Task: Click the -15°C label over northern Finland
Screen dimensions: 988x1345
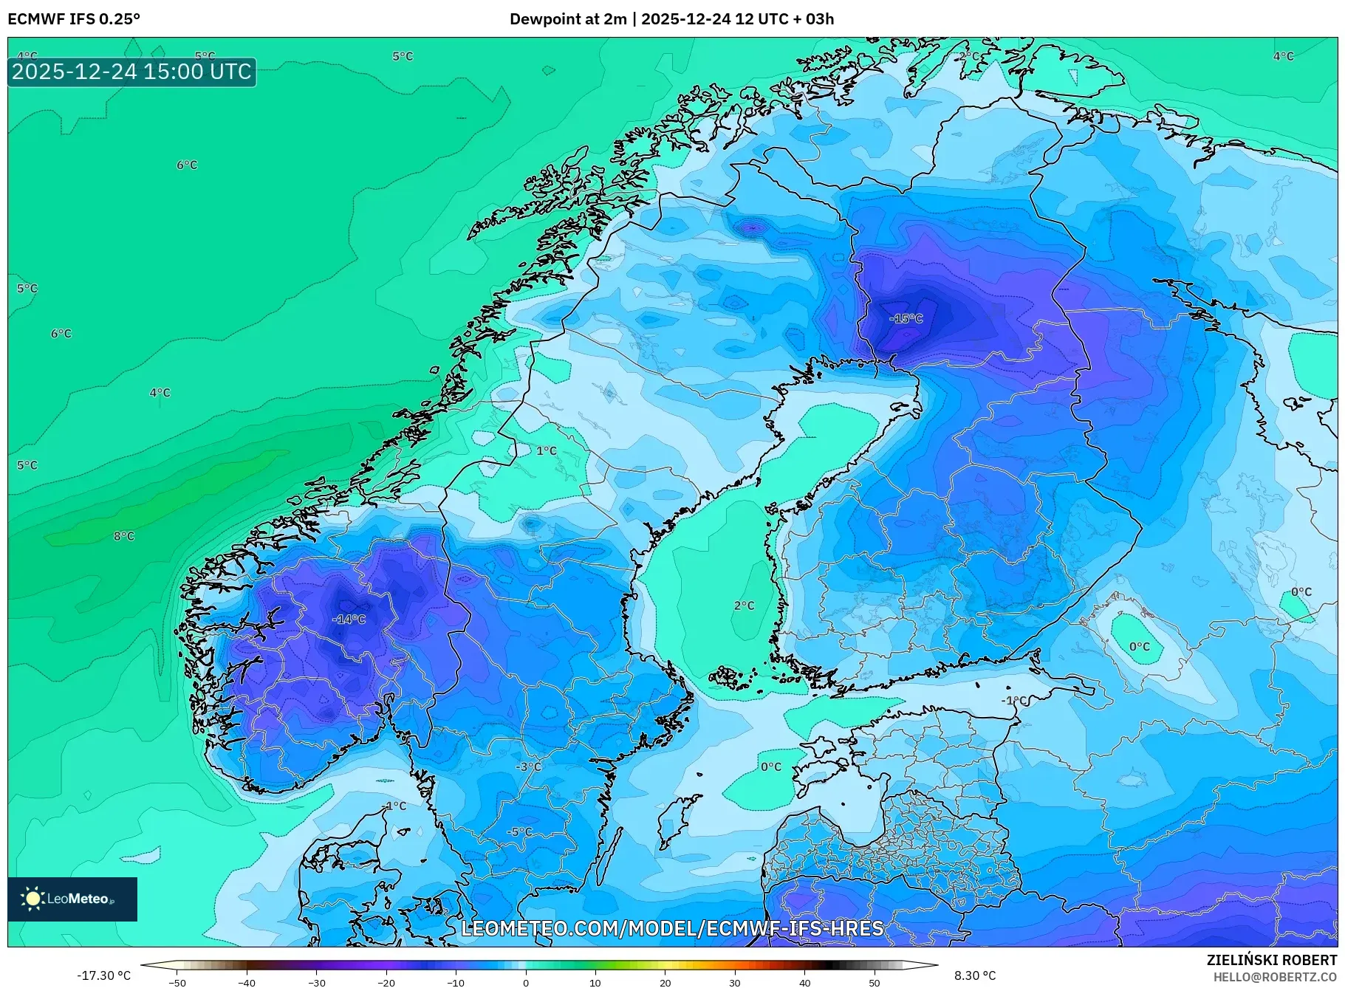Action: point(906,319)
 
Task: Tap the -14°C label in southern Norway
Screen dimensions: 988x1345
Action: point(349,620)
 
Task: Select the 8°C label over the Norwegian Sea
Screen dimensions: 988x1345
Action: point(124,536)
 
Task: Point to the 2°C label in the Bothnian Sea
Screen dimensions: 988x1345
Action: point(744,606)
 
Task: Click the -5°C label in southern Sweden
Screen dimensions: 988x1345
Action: point(519,831)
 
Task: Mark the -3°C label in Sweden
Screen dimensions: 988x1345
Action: point(528,766)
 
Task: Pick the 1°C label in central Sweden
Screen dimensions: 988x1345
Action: point(546,450)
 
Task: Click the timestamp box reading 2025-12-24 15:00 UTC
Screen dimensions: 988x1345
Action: point(132,72)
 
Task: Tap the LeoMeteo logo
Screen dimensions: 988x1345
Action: point(72,899)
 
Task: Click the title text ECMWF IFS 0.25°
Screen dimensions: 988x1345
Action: point(74,19)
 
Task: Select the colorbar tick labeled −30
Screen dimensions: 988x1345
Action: point(317,982)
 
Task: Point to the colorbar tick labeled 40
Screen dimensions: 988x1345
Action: point(804,982)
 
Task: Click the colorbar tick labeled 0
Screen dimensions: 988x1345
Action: point(526,982)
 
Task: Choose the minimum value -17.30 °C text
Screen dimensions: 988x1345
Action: point(103,975)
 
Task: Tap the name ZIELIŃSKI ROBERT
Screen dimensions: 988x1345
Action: point(1271,960)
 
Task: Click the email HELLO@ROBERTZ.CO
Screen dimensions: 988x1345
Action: point(1275,977)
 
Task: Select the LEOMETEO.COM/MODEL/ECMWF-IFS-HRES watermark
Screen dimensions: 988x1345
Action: point(672,928)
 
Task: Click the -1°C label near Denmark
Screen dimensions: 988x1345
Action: point(395,806)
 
